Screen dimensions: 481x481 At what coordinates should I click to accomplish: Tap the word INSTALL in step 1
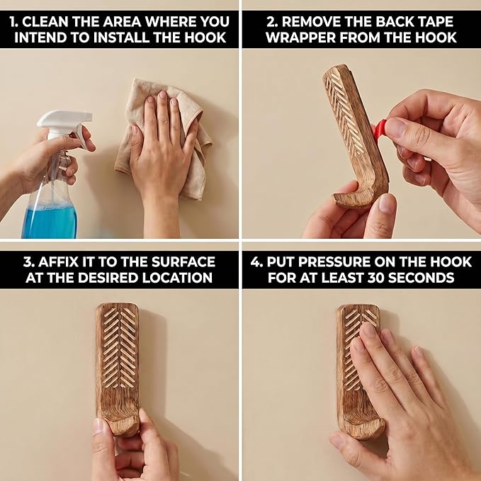pos(122,38)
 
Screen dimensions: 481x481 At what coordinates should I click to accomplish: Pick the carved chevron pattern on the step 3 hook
pos(119,347)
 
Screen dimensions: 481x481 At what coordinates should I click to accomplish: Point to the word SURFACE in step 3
pos(183,262)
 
